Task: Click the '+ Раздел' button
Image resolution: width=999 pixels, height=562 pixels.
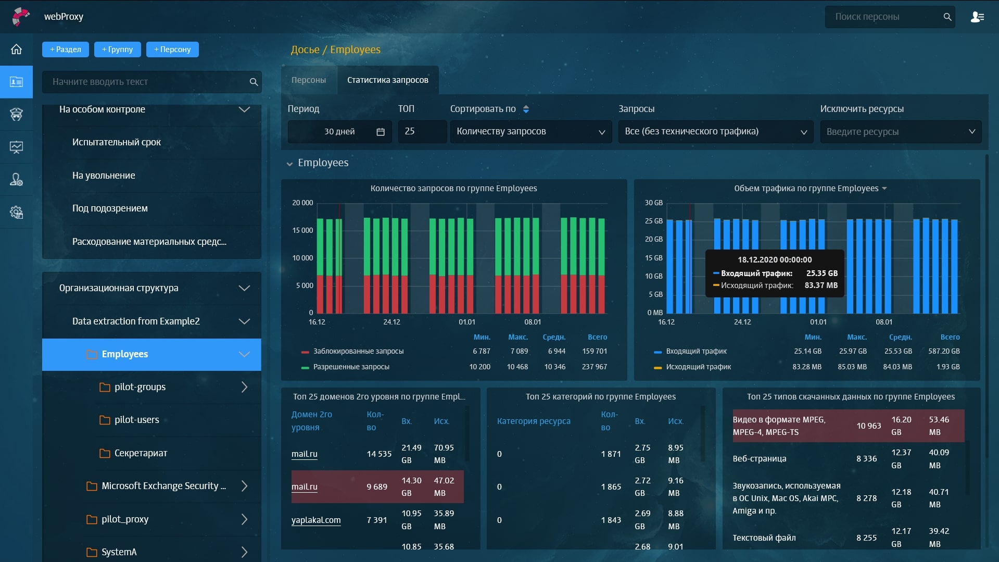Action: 66,49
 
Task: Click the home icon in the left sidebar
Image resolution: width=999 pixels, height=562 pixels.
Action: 16,49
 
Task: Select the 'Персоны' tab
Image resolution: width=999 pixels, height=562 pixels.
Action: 309,80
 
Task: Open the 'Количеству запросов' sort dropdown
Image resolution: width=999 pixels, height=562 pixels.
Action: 530,132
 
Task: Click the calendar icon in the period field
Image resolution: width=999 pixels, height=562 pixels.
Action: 381,132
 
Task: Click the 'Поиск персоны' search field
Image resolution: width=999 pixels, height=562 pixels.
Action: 885,17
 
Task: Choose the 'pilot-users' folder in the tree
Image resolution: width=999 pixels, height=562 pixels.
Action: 137,420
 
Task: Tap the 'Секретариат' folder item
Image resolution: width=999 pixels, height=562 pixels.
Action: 141,453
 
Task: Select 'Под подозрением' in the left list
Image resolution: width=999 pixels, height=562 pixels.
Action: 110,208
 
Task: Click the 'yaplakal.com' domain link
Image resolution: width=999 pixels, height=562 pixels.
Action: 316,520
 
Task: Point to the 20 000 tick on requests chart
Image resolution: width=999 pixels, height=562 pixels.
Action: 302,203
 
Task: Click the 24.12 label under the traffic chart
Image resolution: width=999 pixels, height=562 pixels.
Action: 742,322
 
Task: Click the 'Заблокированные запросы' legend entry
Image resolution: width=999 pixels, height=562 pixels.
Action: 358,351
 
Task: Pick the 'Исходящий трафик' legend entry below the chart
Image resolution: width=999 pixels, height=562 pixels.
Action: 698,367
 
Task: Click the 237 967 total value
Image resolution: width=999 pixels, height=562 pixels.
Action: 594,367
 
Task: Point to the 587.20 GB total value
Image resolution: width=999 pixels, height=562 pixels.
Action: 943,351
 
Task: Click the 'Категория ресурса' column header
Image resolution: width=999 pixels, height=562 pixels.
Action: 534,421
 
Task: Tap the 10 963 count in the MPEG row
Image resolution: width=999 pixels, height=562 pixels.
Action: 868,426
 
